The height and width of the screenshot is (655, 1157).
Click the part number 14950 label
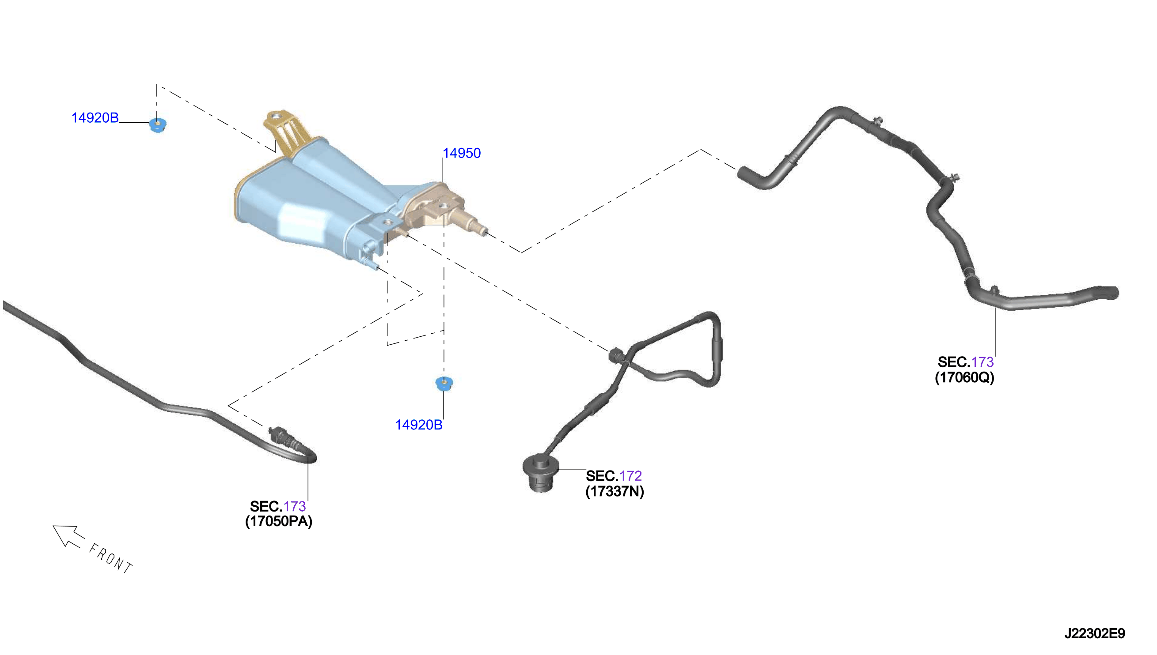click(462, 154)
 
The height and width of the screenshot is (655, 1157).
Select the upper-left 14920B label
click(95, 118)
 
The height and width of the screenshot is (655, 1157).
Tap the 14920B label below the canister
click(419, 425)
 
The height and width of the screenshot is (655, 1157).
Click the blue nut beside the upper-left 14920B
click(158, 125)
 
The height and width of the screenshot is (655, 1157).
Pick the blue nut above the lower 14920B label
click(444, 384)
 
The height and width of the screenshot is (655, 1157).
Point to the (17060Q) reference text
click(964, 377)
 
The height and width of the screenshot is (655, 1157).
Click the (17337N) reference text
click(615, 491)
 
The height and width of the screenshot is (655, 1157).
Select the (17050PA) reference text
click(279, 521)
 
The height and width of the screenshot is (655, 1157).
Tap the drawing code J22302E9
click(1094, 634)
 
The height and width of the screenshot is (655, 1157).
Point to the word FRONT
click(111, 558)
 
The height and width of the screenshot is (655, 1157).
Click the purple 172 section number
click(630, 476)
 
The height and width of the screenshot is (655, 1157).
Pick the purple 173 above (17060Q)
click(983, 362)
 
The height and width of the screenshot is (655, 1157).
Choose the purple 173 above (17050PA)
click(294, 507)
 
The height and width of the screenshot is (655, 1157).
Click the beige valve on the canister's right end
click(439, 209)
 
